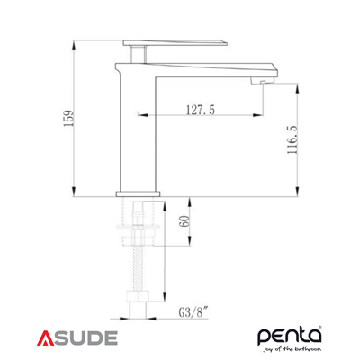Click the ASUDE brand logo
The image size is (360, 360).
click(x=78, y=338)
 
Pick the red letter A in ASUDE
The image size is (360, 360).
click(x=46, y=338)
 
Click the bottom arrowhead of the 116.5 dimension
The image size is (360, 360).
click(x=298, y=191)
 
